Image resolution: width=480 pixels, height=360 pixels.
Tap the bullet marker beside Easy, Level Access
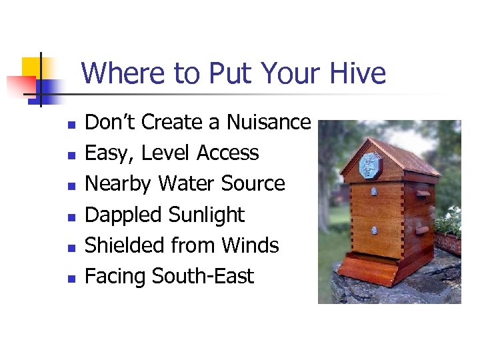point(71,155)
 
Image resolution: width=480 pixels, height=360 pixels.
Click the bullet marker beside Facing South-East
point(71,277)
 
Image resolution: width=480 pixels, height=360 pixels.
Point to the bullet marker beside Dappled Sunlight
point(71,216)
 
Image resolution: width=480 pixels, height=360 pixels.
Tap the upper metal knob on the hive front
point(374,191)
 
